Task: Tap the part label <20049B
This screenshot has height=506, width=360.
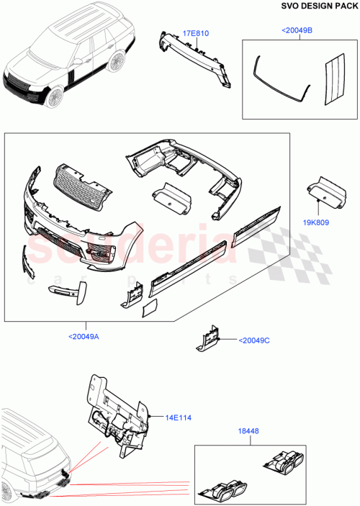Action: (x=297, y=31)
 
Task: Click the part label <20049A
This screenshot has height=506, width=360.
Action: (x=84, y=335)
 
